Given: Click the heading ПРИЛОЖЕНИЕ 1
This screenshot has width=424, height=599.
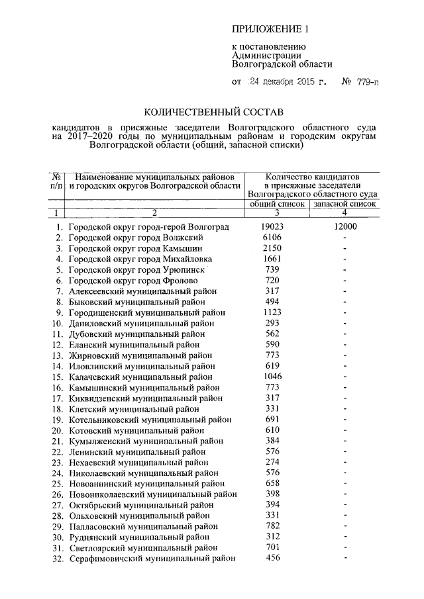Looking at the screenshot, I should pyautogui.click(x=270, y=28).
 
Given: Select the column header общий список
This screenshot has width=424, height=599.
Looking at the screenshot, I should pyautogui.click(x=276, y=204).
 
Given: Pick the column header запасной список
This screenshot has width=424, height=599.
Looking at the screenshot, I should pyautogui.click(x=344, y=204).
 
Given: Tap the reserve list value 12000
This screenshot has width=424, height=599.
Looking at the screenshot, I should pyautogui.click(x=345, y=227).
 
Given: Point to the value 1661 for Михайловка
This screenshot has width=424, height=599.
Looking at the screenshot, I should pyautogui.click(x=272, y=259).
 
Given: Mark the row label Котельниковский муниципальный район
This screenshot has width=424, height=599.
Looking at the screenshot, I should pyautogui.click(x=150, y=420).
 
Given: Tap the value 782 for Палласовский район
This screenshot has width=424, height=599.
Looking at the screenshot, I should pyautogui.click(x=272, y=526).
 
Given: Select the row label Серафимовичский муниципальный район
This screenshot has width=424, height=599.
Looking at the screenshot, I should pyautogui.click(x=152, y=559).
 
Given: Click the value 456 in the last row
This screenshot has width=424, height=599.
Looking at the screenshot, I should pyautogui.click(x=272, y=558).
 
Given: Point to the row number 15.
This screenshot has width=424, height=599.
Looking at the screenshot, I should pyautogui.click(x=57, y=377).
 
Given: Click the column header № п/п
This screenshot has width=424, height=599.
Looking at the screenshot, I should pyautogui.click(x=56, y=182).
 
